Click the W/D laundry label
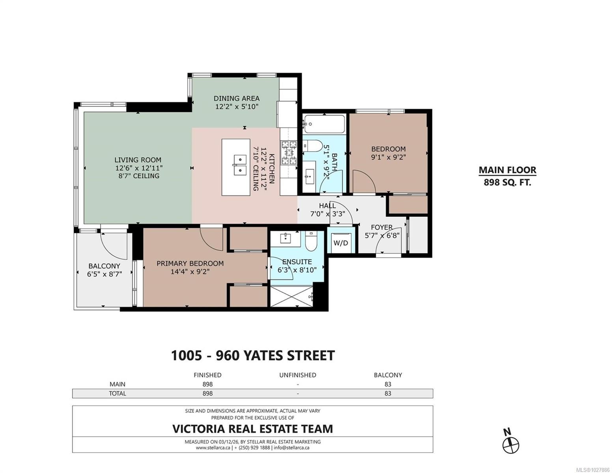pos(340,243)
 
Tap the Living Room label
pos(138,160)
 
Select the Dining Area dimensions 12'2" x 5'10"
pos(237,107)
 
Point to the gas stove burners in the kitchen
pos(289,153)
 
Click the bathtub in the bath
pos(324,124)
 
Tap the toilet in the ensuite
pos(311,241)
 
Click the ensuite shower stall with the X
pos(291,296)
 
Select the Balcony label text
pos(104,266)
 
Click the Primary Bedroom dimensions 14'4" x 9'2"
pos(190,272)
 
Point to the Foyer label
pos(382,227)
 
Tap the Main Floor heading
pos(508,170)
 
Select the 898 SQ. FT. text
pos(507,182)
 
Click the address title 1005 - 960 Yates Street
pos(253,356)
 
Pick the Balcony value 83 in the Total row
pos(388,393)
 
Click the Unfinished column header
pos(298,375)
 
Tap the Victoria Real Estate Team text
pos(253,429)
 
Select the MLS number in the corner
pos(593,470)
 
